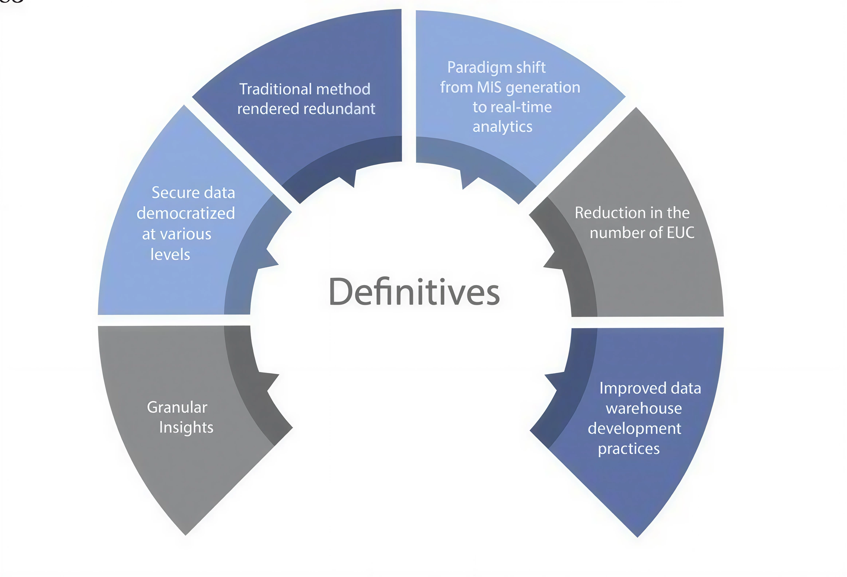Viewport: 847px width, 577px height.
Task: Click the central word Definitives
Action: tap(414, 292)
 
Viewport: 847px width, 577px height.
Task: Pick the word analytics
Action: tap(502, 127)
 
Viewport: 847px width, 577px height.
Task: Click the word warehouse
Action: tap(644, 408)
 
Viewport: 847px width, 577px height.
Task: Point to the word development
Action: tap(634, 429)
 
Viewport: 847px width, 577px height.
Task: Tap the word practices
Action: tap(629, 449)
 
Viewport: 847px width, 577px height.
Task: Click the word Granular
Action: tap(177, 407)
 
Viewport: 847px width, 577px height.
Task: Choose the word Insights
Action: tap(186, 427)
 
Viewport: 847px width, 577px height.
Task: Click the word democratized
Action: tap(186, 213)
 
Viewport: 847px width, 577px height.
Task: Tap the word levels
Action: tap(170, 254)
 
